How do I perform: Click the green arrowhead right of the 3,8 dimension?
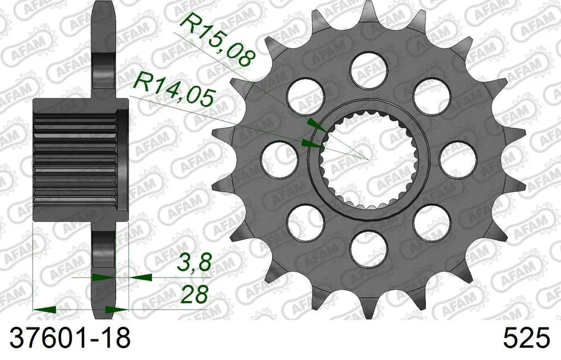pyautogui.click(x=142, y=276)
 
